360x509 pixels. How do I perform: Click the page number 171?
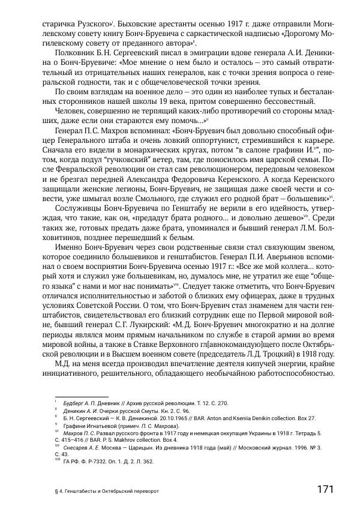pos(324,489)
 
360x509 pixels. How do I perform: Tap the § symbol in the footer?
pos(48,490)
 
